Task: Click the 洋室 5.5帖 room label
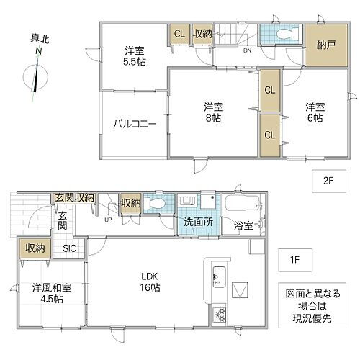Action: (133, 56)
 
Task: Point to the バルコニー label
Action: (134, 123)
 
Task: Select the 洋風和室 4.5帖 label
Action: (48, 293)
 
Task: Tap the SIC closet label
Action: (69, 248)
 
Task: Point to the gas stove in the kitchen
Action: (219, 314)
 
